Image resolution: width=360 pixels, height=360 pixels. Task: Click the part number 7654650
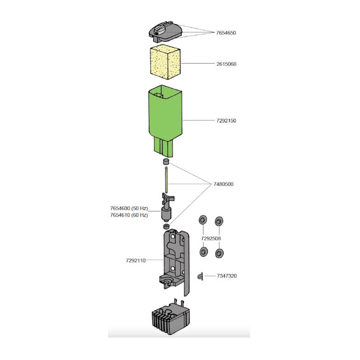click(x=226, y=33)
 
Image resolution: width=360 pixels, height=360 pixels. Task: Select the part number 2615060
click(x=226, y=64)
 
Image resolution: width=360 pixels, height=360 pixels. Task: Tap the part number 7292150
click(x=226, y=120)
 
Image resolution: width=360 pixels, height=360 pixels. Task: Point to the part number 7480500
click(x=223, y=184)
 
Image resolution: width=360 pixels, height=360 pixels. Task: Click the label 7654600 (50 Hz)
click(x=129, y=209)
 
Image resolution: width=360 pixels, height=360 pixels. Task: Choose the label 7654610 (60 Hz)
click(x=129, y=215)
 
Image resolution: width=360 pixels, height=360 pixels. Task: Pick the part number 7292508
click(x=211, y=239)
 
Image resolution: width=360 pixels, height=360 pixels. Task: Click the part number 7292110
click(x=136, y=260)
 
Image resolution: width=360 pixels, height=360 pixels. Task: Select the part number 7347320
click(x=227, y=276)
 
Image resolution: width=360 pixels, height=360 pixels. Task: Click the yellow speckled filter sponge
click(x=165, y=62)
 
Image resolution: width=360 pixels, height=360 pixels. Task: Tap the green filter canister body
click(x=165, y=121)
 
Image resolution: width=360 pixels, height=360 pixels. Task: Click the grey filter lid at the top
click(x=165, y=32)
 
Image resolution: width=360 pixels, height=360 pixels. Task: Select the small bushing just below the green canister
click(x=166, y=162)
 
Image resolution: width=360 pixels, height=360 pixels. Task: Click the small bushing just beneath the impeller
click(x=166, y=226)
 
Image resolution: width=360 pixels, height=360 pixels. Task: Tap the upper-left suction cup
click(x=203, y=220)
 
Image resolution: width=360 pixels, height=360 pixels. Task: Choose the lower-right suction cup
click(x=219, y=253)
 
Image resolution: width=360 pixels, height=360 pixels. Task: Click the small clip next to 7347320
click(x=200, y=276)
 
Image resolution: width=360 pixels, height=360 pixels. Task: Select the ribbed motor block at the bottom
click(x=171, y=318)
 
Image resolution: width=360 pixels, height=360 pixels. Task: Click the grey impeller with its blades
click(x=167, y=207)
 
